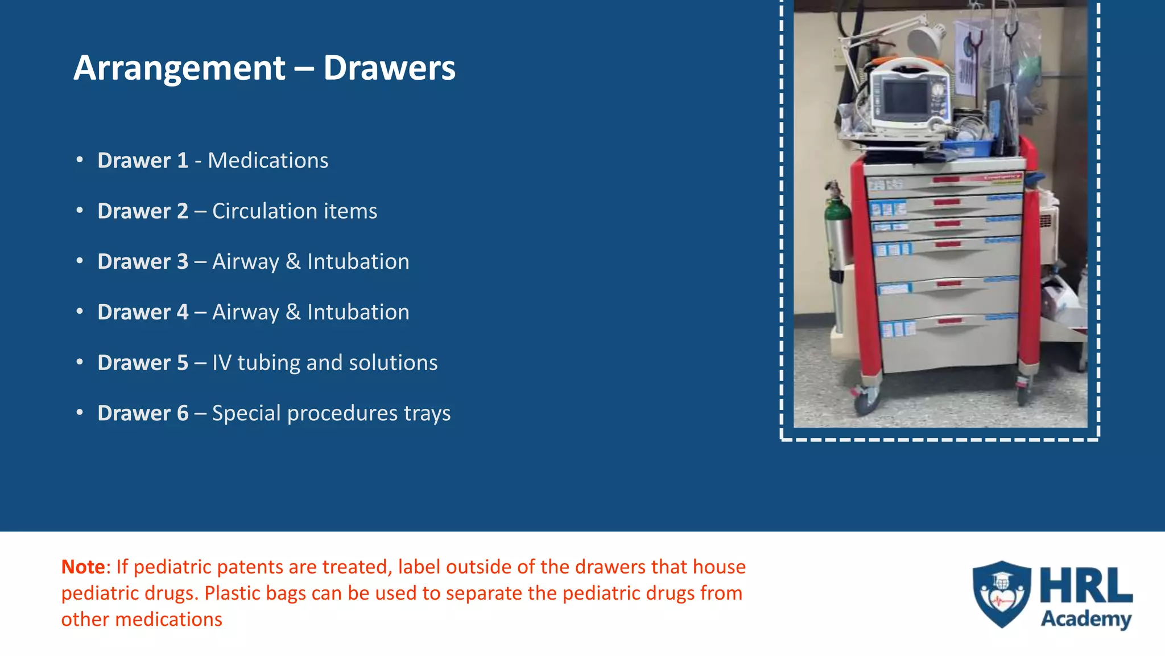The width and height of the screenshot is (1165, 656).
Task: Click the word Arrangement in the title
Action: [179, 68]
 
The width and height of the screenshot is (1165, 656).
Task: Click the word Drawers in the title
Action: [389, 68]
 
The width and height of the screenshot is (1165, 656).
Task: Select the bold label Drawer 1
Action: [142, 161]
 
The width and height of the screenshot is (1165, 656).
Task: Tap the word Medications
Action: [268, 161]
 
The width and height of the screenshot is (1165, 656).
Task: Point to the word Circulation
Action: [265, 211]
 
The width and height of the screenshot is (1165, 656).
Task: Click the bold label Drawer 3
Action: [142, 261]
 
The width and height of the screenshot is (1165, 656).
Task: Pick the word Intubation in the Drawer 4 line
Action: [358, 312]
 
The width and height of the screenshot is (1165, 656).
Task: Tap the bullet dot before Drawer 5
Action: [80, 362]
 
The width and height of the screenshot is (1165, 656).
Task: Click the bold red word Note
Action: [83, 567]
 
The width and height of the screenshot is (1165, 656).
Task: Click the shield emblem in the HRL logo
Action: [1002, 594]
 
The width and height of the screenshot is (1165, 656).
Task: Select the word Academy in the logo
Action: [1085, 619]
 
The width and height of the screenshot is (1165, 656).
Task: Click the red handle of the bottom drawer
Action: [949, 321]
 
